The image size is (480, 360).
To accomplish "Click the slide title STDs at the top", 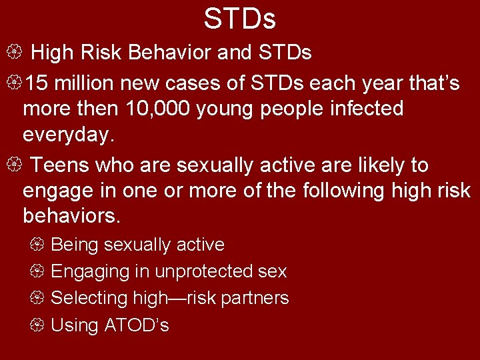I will tap(239, 19).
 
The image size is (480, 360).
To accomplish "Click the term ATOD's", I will tap(137, 325).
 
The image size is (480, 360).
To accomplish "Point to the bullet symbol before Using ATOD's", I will tap(37, 325).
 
